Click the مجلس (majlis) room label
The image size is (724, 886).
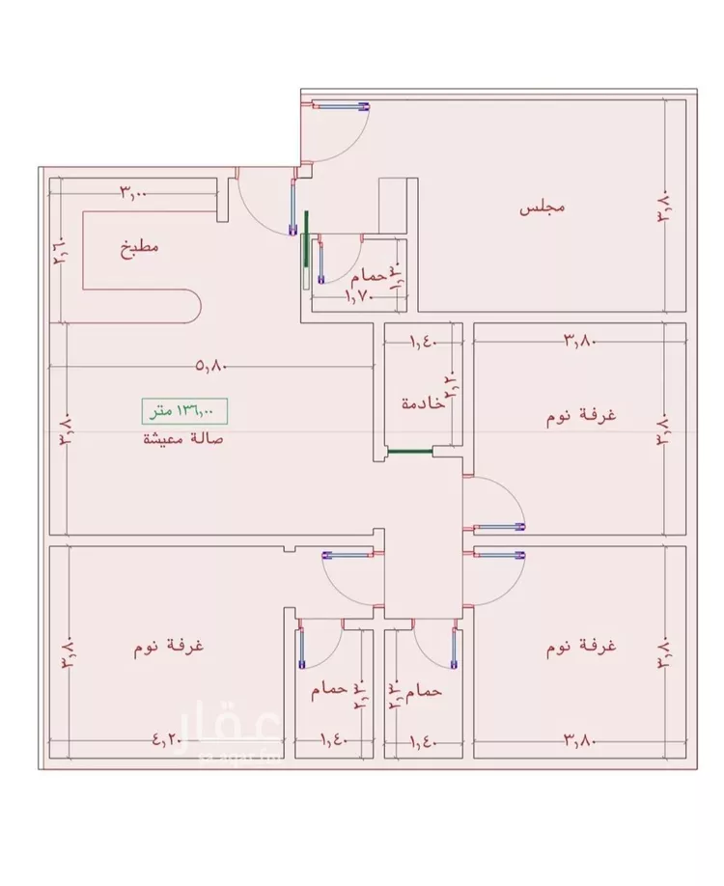[x=542, y=208]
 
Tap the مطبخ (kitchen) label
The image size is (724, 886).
[x=140, y=248]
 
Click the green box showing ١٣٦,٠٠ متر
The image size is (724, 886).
[x=182, y=411]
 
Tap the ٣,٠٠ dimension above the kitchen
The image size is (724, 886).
[x=133, y=192]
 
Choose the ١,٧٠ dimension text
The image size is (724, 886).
[x=359, y=298]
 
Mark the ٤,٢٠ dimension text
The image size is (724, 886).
[x=167, y=741]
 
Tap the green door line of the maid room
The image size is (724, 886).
[x=407, y=450]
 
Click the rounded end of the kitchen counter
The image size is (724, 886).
[x=191, y=307]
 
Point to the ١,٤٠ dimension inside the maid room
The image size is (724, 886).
[x=423, y=340]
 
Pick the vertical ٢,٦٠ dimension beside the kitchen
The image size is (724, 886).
[x=58, y=253]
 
